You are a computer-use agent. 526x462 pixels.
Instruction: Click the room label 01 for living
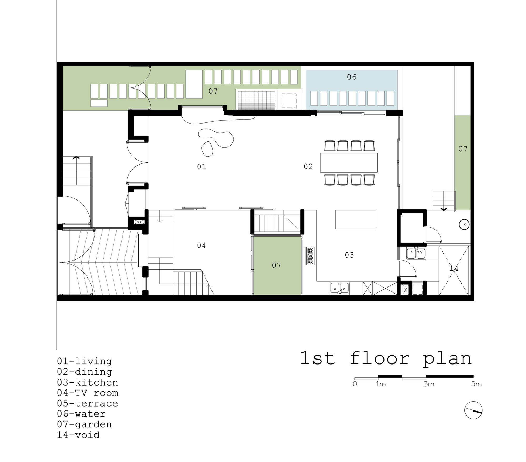click(x=201, y=167)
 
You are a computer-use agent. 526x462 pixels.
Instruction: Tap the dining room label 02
click(x=308, y=167)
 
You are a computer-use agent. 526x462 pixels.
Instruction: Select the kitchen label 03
click(x=349, y=255)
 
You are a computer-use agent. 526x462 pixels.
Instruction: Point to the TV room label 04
click(x=201, y=245)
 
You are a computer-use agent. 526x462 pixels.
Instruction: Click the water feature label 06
click(x=352, y=77)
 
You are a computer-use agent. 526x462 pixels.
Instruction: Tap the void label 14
click(x=454, y=268)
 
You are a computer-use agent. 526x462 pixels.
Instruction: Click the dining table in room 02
click(x=348, y=163)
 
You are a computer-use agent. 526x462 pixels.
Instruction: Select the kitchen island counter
click(x=356, y=219)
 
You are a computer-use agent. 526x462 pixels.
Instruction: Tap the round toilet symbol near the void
click(x=464, y=224)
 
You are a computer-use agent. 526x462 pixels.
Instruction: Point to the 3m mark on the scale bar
click(x=429, y=384)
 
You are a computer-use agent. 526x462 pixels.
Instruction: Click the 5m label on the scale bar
click(x=476, y=384)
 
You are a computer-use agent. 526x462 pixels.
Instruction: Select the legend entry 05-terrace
click(x=87, y=403)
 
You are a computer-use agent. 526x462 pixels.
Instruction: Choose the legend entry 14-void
click(x=78, y=435)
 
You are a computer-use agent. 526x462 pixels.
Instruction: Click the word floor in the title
click(x=380, y=358)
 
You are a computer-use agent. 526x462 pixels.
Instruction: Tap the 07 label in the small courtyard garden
click(x=276, y=265)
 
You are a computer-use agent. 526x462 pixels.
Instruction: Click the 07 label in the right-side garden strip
click(x=463, y=149)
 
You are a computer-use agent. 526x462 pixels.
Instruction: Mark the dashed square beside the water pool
click(x=289, y=101)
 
